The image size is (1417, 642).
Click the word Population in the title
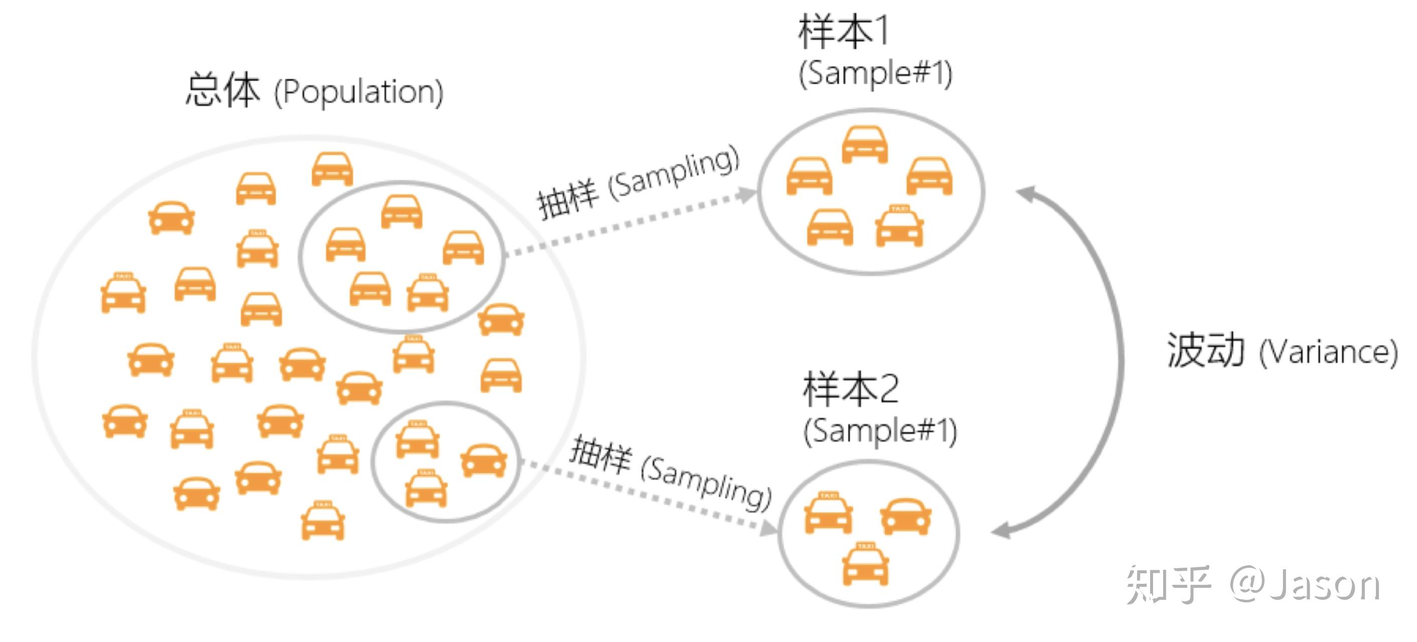pyautogui.click(x=359, y=92)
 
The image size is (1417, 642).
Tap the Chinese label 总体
pyautogui.click(x=223, y=90)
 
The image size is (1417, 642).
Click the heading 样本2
pyautogui.click(x=851, y=389)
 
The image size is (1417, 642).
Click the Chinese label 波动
pyautogui.click(x=1205, y=350)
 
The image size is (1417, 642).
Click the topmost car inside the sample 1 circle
pyautogui.click(x=865, y=144)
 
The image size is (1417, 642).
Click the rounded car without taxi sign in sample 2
pyautogui.click(x=905, y=516)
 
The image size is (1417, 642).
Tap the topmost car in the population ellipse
pyautogui.click(x=332, y=169)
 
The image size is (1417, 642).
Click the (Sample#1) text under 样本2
pyautogui.click(x=880, y=431)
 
